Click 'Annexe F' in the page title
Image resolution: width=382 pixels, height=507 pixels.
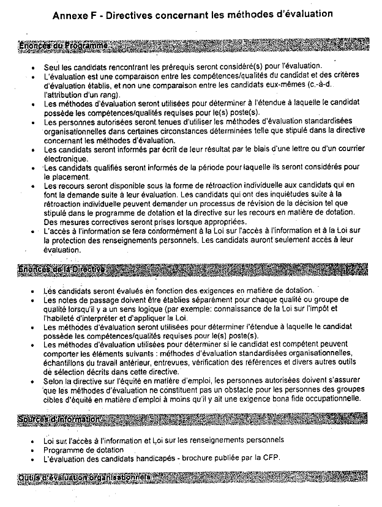(x=76, y=16)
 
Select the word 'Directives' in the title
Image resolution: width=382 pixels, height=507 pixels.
(x=134, y=16)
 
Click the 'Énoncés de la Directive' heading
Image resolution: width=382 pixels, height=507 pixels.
(x=62, y=270)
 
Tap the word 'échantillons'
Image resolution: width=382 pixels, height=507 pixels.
(x=66, y=362)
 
